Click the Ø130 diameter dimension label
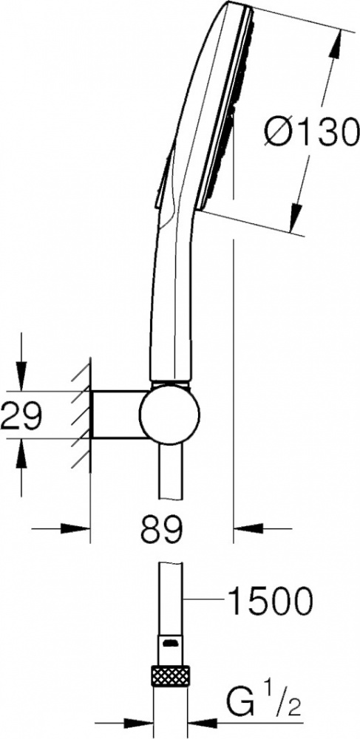[x=309, y=132]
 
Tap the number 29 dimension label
[x=21, y=415]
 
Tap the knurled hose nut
[x=170, y=675]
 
